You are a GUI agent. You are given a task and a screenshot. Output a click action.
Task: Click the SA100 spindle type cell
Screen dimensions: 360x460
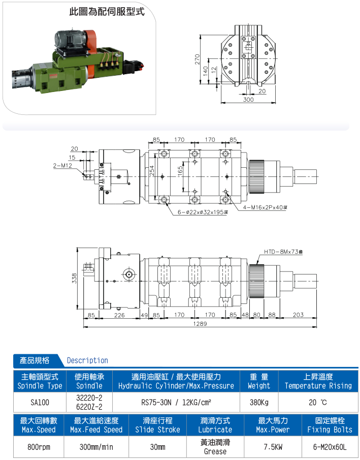(40, 402)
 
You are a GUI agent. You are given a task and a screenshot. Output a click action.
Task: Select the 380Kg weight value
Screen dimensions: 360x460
(259, 402)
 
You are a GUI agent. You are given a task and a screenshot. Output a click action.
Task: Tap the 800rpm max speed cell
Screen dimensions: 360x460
(39, 447)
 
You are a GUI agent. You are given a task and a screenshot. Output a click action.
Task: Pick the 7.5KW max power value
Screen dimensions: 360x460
(273, 447)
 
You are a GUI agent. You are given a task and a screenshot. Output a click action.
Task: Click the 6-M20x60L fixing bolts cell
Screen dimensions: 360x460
(330, 447)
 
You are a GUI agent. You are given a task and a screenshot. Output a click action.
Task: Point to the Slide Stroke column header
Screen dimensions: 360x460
(158, 425)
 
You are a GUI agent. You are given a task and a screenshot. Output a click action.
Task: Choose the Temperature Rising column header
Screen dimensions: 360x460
(318, 381)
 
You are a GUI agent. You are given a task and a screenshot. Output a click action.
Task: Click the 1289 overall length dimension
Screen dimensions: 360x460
(200, 324)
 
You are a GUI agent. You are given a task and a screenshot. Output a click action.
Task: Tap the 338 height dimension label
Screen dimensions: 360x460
(74, 278)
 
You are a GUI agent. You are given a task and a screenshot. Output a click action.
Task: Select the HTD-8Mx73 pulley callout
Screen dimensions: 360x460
(283, 252)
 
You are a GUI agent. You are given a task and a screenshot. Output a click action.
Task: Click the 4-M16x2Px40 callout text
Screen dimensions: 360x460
(265, 207)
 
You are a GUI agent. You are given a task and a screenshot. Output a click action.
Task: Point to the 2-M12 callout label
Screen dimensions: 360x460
(62, 166)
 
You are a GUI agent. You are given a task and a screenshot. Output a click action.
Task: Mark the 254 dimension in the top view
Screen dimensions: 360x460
(152, 171)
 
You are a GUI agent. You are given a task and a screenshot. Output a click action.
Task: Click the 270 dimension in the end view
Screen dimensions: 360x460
(197, 59)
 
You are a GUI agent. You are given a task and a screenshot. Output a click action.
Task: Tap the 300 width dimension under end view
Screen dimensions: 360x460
(248, 100)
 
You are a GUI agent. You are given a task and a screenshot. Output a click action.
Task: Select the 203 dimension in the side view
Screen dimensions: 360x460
(298, 315)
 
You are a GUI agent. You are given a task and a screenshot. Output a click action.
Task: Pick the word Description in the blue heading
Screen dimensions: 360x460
(87, 360)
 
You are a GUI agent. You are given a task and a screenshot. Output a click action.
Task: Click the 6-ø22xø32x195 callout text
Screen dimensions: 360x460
(203, 212)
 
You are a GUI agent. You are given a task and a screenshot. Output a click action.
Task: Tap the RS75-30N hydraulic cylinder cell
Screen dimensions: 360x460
(176, 402)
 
